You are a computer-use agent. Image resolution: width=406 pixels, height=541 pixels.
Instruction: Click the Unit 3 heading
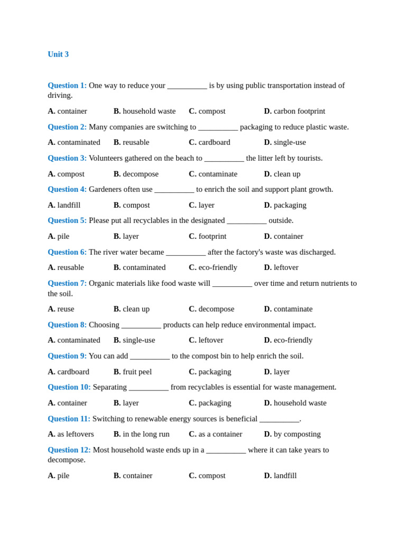(x=58, y=54)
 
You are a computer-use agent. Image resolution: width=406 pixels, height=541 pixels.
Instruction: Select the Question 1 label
(x=67, y=86)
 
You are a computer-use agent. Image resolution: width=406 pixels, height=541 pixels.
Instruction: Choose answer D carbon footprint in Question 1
(x=294, y=111)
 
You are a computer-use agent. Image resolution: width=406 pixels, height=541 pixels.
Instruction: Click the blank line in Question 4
(x=174, y=190)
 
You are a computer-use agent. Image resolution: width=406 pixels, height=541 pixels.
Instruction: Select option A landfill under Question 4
(x=64, y=205)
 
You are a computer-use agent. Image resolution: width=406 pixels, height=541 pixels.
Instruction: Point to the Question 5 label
(x=67, y=221)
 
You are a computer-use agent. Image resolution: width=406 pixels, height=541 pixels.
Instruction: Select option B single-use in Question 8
(x=134, y=340)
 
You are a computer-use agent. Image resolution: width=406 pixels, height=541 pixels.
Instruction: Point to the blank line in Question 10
(x=149, y=387)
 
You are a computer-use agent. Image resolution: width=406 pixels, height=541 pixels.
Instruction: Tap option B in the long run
(x=141, y=434)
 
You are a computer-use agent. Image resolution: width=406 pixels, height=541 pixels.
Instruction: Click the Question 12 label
(x=69, y=450)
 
